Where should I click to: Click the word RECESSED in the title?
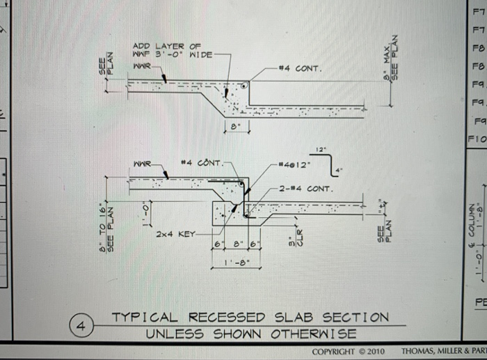coord(233,318)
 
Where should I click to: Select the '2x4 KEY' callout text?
coord(177,235)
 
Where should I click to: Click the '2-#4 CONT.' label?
coord(305,188)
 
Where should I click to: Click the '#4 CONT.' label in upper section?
coord(298,68)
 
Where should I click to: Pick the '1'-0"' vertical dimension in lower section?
coord(145,209)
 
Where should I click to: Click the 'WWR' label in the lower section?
coord(141,164)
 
